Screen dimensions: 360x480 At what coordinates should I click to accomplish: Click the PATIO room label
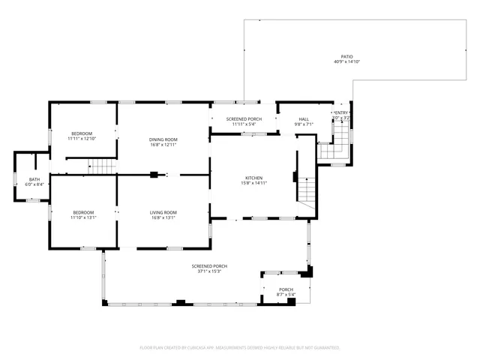coord(346,57)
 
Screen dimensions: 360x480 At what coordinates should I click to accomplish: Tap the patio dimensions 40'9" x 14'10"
coord(346,62)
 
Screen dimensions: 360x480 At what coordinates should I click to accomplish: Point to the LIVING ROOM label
coord(163,212)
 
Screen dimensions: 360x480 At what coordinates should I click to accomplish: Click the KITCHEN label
coord(252,178)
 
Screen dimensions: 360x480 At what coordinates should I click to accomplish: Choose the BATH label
coord(34,179)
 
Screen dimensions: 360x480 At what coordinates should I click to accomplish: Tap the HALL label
coord(304,118)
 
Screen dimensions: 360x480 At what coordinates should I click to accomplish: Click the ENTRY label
coord(342,113)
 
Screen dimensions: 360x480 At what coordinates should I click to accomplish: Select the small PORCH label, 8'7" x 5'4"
coord(286,289)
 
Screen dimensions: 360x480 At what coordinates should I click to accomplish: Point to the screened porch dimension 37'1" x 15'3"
coord(209,271)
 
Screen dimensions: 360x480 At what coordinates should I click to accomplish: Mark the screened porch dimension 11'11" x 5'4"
coord(246,124)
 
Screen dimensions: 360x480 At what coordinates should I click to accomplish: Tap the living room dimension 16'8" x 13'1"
coord(163,217)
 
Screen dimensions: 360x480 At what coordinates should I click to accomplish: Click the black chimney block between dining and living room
coord(153,175)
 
